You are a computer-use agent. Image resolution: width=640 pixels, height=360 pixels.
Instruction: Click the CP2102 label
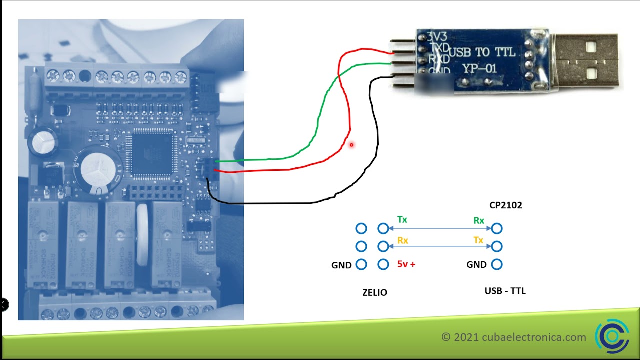(x=506, y=205)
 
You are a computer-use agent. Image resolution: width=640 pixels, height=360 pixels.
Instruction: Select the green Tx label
(x=402, y=220)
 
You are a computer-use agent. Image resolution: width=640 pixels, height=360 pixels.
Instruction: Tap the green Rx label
(x=478, y=220)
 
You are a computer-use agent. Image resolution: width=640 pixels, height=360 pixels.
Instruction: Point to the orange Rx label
(x=402, y=240)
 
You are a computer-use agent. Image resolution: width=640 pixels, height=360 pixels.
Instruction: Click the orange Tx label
(x=478, y=240)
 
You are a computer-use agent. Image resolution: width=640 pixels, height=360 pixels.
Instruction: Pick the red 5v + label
(x=406, y=264)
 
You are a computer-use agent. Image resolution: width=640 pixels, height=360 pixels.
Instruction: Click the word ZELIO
(x=374, y=293)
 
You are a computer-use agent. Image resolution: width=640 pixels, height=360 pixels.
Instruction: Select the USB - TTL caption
(x=505, y=291)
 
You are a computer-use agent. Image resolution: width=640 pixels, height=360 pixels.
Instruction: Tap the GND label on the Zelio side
(x=341, y=265)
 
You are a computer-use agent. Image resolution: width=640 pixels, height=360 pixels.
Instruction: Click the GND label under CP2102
(x=476, y=265)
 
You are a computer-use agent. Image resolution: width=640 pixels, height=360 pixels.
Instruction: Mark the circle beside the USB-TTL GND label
(x=497, y=264)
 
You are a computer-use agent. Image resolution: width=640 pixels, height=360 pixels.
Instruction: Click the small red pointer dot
(x=351, y=145)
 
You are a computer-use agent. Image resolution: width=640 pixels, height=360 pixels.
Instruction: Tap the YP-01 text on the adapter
(x=480, y=68)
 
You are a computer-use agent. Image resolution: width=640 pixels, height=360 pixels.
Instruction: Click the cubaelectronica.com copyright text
(x=514, y=337)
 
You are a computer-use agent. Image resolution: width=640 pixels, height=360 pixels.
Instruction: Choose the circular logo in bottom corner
(x=612, y=336)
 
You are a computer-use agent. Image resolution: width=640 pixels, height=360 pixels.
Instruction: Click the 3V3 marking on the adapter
(x=437, y=37)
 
